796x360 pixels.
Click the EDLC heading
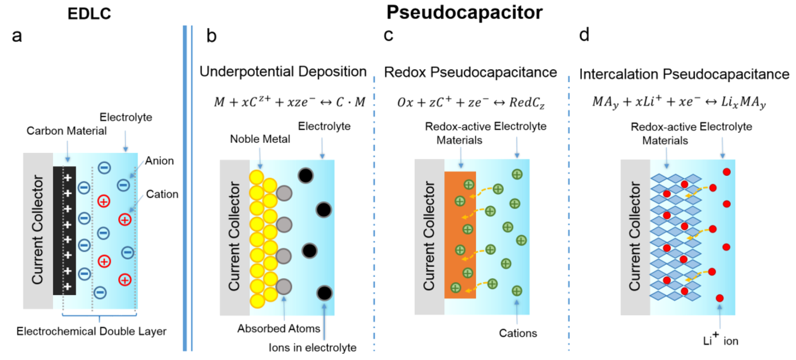tap(89, 14)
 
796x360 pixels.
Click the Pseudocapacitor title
tap(464, 13)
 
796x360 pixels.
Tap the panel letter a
tap(17, 36)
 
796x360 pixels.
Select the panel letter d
tap(584, 35)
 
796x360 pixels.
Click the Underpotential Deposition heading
tap(283, 72)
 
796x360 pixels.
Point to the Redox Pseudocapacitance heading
tap(470, 73)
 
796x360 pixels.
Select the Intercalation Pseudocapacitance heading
tap(684, 74)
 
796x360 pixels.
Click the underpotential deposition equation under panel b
tap(290, 102)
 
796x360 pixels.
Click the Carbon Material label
tap(66, 131)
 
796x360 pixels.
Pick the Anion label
tap(159, 161)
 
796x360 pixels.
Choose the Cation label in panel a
tap(162, 194)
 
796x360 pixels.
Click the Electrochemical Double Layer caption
tap(91, 332)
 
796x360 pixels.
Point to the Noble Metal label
tap(260, 139)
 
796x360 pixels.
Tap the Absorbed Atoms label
tap(279, 329)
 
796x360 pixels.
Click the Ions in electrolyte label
tap(312, 348)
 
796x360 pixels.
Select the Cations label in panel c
tap(518, 333)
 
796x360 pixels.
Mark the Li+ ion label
tap(720, 341)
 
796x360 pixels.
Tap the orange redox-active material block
tap(460, 234)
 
